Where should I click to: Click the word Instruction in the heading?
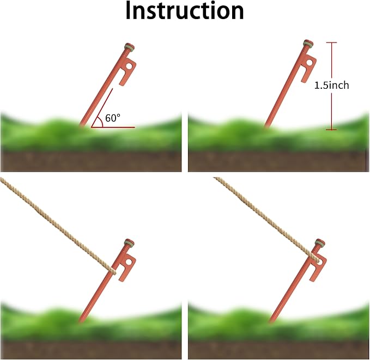(x=185, y=10)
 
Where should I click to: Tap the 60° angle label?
(x=113, y=118)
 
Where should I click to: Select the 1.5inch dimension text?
(x=331, y=85)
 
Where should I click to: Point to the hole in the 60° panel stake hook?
(x=129, y=66)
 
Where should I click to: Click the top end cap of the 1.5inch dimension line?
(x=331, y=42)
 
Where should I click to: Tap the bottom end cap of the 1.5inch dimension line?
(x=331, y=130)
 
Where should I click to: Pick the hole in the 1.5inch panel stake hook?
(x=310, y=63)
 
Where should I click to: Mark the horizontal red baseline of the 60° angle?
(x=113, y=127)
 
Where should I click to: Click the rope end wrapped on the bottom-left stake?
(x=113, y=271)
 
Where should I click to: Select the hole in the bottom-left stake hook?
(x=129, y=262)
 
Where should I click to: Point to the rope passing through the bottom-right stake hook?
(x=316, y=259)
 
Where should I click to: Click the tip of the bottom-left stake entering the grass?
(x=80, y=321)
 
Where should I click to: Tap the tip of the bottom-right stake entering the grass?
(x=270, y=321)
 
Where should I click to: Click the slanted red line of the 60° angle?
(x=102, y=108)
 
